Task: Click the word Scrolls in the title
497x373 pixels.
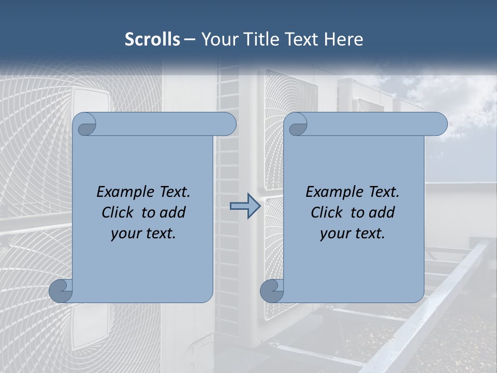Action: click(x=152, y=39)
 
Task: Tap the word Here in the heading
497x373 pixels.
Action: click(x=344, y=39)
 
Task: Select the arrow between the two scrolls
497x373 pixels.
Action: click(x=245, y=206)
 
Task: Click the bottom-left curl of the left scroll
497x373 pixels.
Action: click(x=61, y=290)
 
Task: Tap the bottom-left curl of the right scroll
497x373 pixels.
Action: click(x=272, y=290)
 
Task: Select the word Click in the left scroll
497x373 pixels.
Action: click(x=118, y=212)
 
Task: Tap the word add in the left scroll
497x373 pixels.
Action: click(x=172, y=212)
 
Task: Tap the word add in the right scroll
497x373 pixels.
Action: click(x=382, y=212)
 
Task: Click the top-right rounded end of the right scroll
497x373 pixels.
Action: click(x=438, y=124)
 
